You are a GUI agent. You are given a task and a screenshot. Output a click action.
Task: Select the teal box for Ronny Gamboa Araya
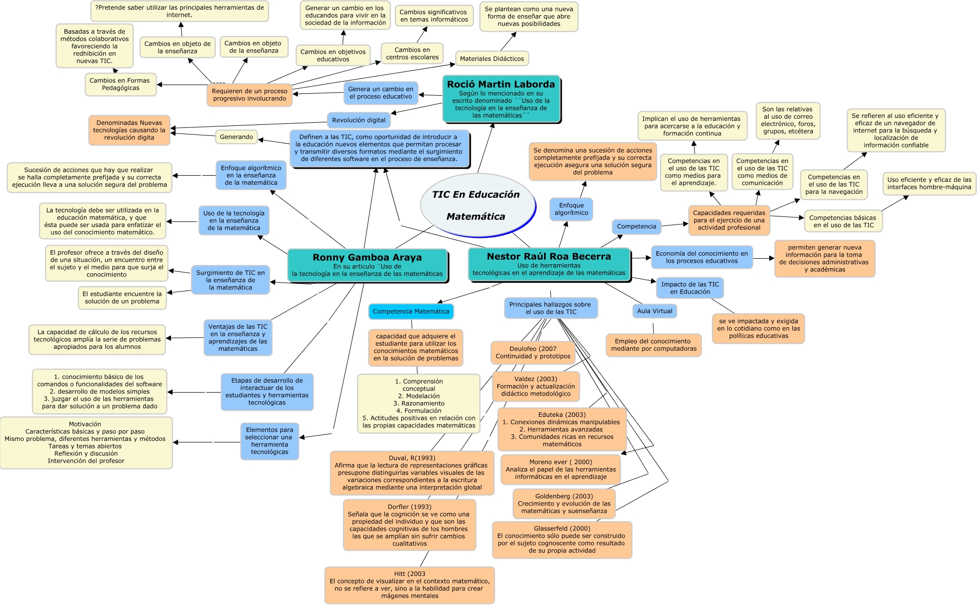pyautogui.click(x=367, y=265)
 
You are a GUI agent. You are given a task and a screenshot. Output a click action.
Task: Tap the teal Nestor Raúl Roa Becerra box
pyautogui.click(x=549, y=264)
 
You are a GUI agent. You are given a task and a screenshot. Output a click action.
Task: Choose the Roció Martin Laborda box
pyautogui.click(x=501, y=99)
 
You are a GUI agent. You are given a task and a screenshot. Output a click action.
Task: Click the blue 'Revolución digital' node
pyautogui.click(x=358, y=120)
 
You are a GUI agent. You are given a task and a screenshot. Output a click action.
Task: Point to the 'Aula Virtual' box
pyautogui.click(x=654, y=311)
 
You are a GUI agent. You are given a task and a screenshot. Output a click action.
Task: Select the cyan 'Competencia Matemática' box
pyautogui.click(x=411, y=312)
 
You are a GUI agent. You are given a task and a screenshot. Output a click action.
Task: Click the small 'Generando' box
pyautogui.click(x=236, y=137)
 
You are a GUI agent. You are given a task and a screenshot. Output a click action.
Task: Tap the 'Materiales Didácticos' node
pyautogui.click(x=492, y=58)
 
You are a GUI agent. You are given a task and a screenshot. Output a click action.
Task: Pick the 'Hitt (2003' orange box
pyautogui.click(x=409, y=584)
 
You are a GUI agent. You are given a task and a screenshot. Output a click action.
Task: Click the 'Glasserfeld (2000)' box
pyautogui.click(x=561, y=540)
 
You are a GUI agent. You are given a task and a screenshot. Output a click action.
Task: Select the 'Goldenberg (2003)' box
pyautogui.click(x=564, y=503)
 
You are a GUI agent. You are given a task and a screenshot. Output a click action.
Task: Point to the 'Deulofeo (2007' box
pyautogui.click(x=533, y=352)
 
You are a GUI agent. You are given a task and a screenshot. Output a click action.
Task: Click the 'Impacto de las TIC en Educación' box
pyautogui.click(x=690, y=288)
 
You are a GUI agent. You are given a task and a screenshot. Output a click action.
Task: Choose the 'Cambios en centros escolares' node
pyautogui.click(x=412, y=53)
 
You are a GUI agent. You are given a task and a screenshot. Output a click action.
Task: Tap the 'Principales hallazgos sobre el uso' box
pyautogui.click(x=550, y=308)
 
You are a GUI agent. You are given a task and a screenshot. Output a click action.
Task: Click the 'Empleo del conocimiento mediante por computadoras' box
pyautogui.click(x=653, y=345)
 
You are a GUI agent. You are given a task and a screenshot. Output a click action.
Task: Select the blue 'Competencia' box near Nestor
pyautogui.click(x=636, y=226)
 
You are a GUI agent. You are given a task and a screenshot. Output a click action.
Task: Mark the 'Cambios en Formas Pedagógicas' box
pyautogui.click(x=120, y=84)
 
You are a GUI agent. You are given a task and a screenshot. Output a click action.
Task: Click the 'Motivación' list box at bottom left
pyautogui.click(x=86, y=442)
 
